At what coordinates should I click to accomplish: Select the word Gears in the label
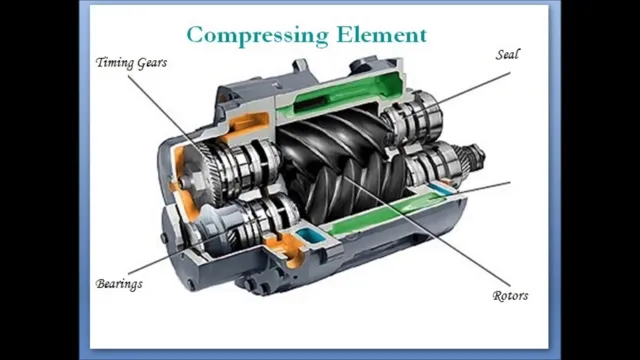point(151,62)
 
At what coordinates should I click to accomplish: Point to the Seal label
point(507,54)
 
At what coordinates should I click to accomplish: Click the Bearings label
point(119,284)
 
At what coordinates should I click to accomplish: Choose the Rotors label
point(510,295)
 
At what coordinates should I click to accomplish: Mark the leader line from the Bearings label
point(160,257)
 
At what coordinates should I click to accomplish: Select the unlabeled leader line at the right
point(480,187)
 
